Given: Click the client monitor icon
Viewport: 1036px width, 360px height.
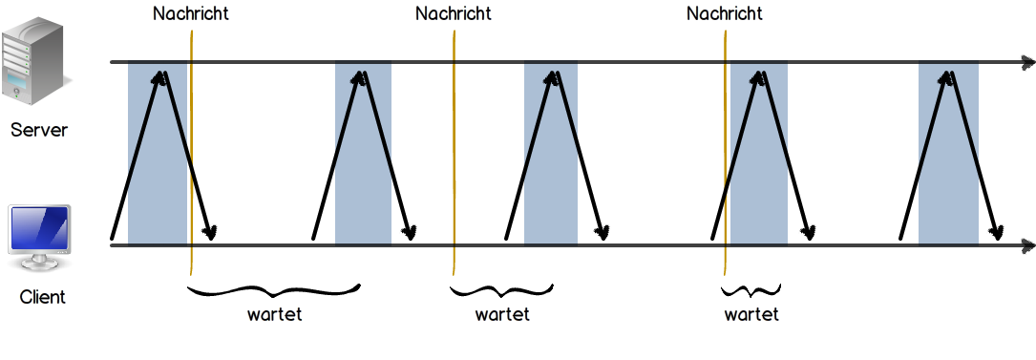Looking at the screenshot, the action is point(40,239).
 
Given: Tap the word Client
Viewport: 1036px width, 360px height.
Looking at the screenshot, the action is point(42,297).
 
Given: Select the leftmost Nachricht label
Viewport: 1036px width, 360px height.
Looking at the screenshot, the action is point(191,13).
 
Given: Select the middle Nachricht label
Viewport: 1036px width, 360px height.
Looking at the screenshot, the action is point(454,13).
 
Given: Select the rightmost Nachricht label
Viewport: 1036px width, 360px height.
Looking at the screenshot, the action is point(724,13).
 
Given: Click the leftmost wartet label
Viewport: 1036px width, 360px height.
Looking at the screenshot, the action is point(274,314).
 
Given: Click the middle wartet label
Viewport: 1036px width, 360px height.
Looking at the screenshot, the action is point(502,314).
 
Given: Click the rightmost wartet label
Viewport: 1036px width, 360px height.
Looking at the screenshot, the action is point(751,314).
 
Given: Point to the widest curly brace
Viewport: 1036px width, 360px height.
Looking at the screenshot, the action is point(273,290).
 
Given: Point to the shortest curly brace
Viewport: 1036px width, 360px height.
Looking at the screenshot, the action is point(751,290).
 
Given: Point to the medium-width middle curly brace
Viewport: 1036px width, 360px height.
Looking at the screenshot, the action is point(501,290).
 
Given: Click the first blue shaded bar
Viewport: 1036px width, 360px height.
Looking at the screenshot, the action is point(158,153).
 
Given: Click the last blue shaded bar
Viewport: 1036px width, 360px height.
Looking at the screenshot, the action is point(948,153).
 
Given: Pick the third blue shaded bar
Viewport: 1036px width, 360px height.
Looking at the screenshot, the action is point(550,153).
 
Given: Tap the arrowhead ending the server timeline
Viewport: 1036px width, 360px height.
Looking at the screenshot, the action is point(1027,63).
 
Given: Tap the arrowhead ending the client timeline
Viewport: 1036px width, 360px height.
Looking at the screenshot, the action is point(1027,245).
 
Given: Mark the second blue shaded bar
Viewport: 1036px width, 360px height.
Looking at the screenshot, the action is point(363,153).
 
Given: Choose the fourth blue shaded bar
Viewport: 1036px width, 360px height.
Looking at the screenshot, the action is point(758,153).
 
